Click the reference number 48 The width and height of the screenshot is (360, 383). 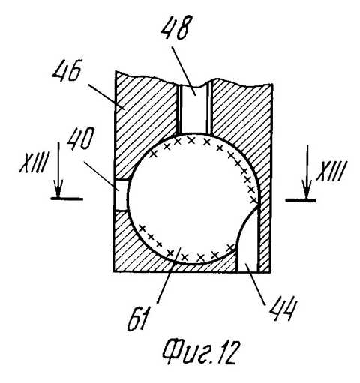pos(174,28)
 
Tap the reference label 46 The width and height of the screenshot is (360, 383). pos(67,70)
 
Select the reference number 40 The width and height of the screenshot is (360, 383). pos(79,139)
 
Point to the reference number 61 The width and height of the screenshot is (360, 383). pos(136,319)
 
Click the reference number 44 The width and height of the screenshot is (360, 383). pos(283,308)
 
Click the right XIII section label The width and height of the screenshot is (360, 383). pos(331,171)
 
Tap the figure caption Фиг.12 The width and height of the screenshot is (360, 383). pos(199,352)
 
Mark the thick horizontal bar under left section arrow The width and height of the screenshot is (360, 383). pos(67,199)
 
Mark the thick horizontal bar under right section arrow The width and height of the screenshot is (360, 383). pos(301,200)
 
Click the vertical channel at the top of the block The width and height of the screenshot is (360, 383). pos(196,108)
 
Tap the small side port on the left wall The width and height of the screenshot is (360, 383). pos(121,196)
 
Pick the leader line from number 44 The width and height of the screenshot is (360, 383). pos(256,284)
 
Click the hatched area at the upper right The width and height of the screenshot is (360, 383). pos(240,118)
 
